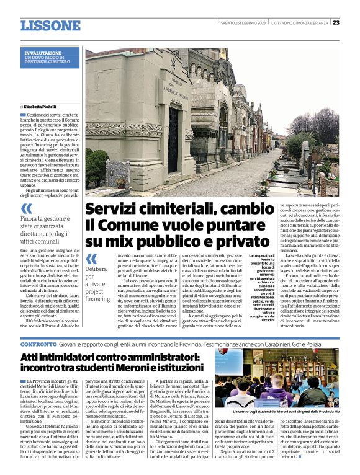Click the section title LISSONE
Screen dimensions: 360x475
[x=50, y=25]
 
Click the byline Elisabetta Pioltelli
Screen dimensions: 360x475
[x=45, y=107]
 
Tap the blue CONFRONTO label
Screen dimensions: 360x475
[x=38, y=343]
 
